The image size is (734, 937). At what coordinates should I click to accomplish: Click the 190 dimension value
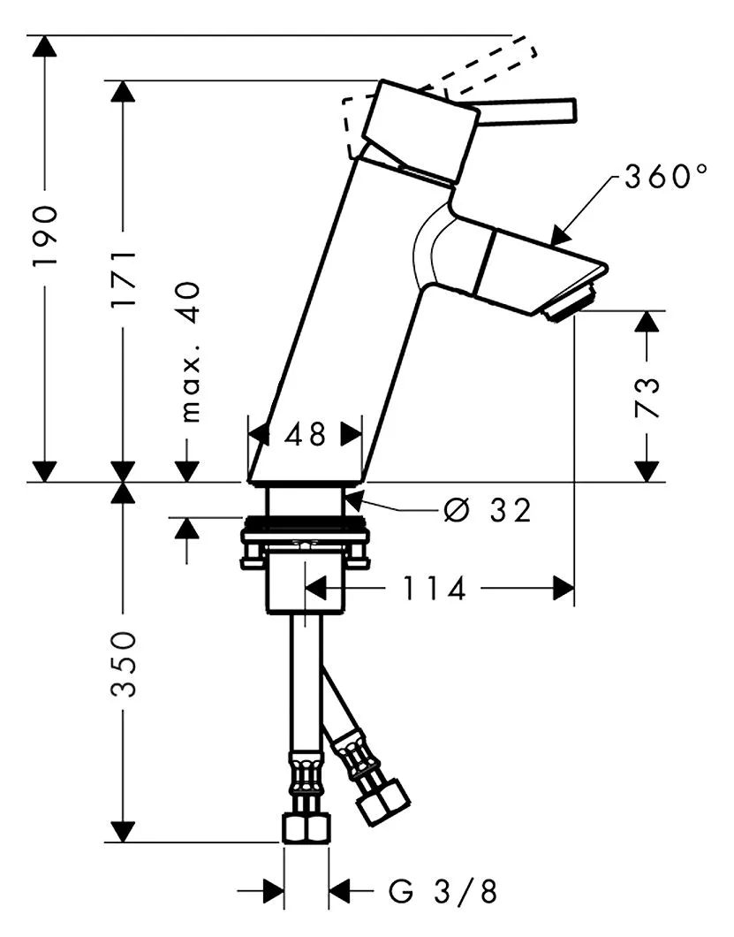tap(45, 236)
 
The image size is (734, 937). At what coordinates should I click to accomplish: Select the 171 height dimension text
tap(124, 279)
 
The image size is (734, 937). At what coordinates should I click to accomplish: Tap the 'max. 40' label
tap(189, 353)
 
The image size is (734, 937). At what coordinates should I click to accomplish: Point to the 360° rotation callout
tap(665, 176)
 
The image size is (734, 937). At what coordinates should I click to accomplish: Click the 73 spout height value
tap(647, 398)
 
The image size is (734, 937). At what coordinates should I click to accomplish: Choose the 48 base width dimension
tap(306, 434)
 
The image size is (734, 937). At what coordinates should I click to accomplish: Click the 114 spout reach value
tap(434, 589)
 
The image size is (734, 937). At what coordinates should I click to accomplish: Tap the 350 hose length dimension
tap(124, 663)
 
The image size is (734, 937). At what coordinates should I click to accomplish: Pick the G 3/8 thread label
tap(443, 892)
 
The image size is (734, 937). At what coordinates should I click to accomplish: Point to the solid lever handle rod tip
tap(572, 111)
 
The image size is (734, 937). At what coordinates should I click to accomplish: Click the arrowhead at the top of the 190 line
tap(44, 46)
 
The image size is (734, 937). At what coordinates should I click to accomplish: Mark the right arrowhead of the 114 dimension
tap(564, 588)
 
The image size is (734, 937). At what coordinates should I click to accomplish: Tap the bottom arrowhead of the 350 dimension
tap(124, 831)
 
